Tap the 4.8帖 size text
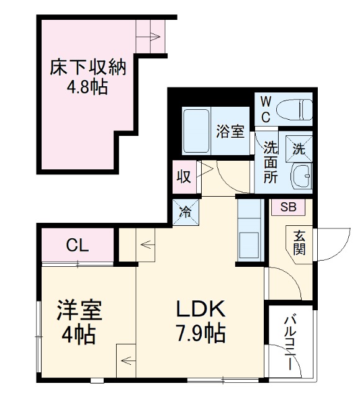88,87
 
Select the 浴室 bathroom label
230,132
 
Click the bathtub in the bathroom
197,131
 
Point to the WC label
265,109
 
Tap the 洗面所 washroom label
271,162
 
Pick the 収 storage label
184,176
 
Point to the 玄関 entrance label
300,243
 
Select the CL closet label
78,244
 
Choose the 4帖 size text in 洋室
78,335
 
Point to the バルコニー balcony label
289,343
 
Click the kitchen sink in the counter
251,242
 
